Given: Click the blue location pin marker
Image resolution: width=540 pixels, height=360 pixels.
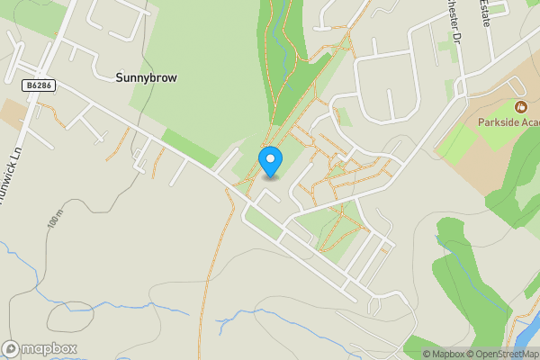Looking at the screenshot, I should pos(270,161).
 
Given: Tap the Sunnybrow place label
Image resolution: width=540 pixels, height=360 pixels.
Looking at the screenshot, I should pos(146,78).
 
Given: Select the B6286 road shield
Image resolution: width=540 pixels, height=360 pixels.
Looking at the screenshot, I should pos(38,84).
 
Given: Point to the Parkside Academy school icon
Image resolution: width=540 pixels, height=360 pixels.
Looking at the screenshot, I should pos(519,108).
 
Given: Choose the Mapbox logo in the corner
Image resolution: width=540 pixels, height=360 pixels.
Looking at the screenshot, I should pos(40,348).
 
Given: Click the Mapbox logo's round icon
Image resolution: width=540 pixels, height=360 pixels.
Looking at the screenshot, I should pos(12,348).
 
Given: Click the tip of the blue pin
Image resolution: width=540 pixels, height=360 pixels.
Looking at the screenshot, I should pos(270,175).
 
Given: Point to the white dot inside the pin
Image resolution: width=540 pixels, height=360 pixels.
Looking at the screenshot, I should pos(270,158).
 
